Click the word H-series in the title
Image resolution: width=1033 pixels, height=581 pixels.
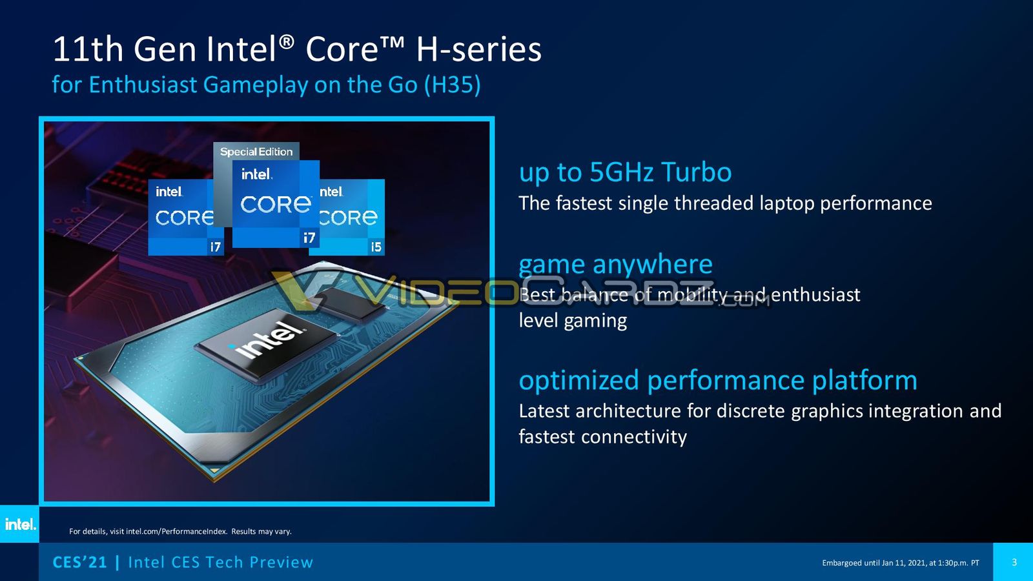point(478,49)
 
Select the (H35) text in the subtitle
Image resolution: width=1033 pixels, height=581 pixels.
point(453,85)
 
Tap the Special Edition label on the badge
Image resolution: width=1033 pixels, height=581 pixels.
point(256,152)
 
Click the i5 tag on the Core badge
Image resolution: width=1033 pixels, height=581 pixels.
point(376,247)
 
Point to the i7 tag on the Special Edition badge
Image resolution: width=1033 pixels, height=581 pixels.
point(309,238)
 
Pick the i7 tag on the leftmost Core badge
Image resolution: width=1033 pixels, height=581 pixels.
point(216,247)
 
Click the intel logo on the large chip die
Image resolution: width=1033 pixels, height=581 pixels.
point(267,342)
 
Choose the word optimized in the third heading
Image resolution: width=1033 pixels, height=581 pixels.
point(578,382)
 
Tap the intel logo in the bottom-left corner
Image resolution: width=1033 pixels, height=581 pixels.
point(20,524)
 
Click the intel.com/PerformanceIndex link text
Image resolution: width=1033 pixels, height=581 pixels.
point(177,531)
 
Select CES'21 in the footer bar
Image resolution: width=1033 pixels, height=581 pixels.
point(80,562)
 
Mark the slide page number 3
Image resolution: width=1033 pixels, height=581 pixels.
point(1014,562)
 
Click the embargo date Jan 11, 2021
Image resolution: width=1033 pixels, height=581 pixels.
point(903,563)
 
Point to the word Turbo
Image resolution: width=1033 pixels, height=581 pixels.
point(697,172)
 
